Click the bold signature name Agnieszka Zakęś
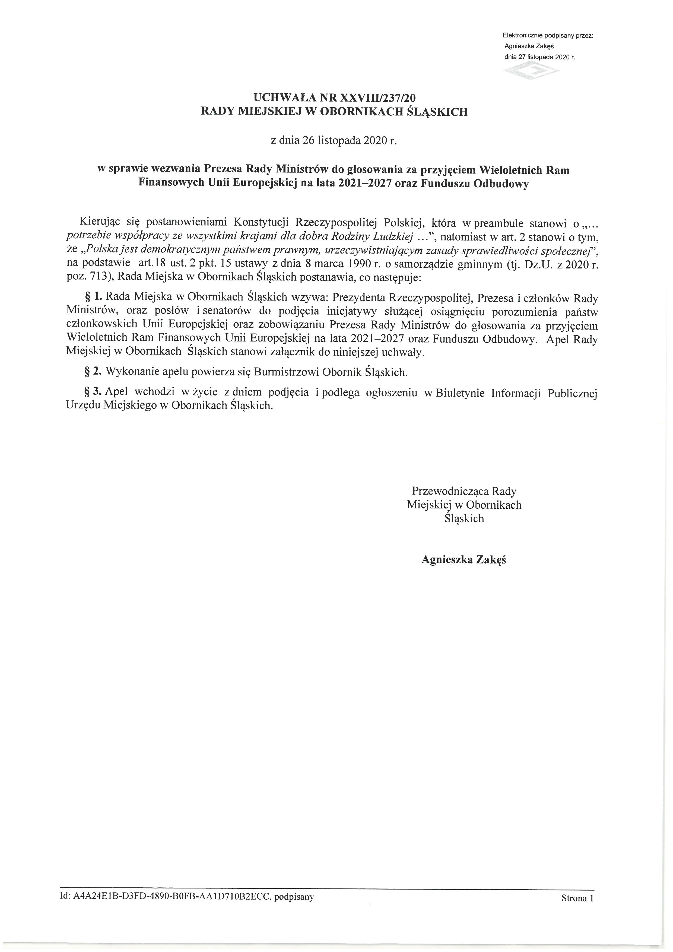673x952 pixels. [x=464, y=559]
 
